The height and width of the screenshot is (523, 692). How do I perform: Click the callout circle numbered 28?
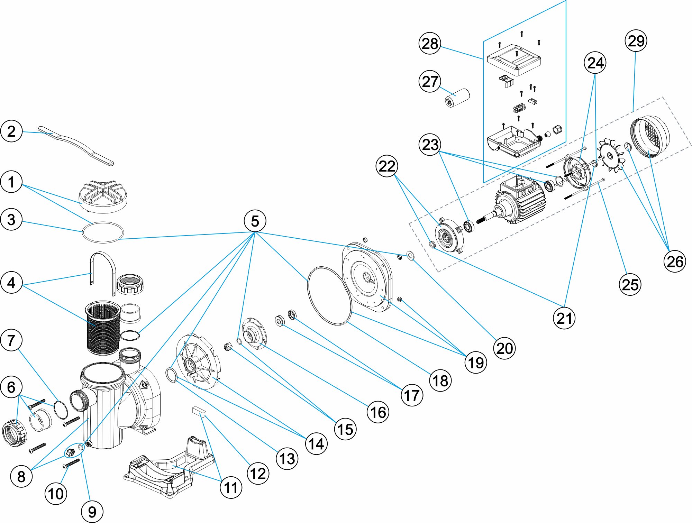click(430, 44)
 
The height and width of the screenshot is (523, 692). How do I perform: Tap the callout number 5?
click(255, 221)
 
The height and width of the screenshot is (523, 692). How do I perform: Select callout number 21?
click(564, 318)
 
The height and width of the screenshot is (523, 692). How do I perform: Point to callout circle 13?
click(287, 459)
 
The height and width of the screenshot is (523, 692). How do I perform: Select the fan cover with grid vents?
click(650, 137)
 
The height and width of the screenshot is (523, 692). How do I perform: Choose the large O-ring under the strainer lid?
click(103, 232)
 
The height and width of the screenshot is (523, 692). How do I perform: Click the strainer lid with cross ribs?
click(103, 196)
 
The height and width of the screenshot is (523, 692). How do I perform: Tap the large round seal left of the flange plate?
click(329, 296)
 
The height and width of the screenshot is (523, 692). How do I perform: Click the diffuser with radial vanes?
click(198, 361)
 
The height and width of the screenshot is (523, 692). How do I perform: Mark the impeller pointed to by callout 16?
click(254, 333)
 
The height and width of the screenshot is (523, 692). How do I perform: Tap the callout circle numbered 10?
click(56, 494)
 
